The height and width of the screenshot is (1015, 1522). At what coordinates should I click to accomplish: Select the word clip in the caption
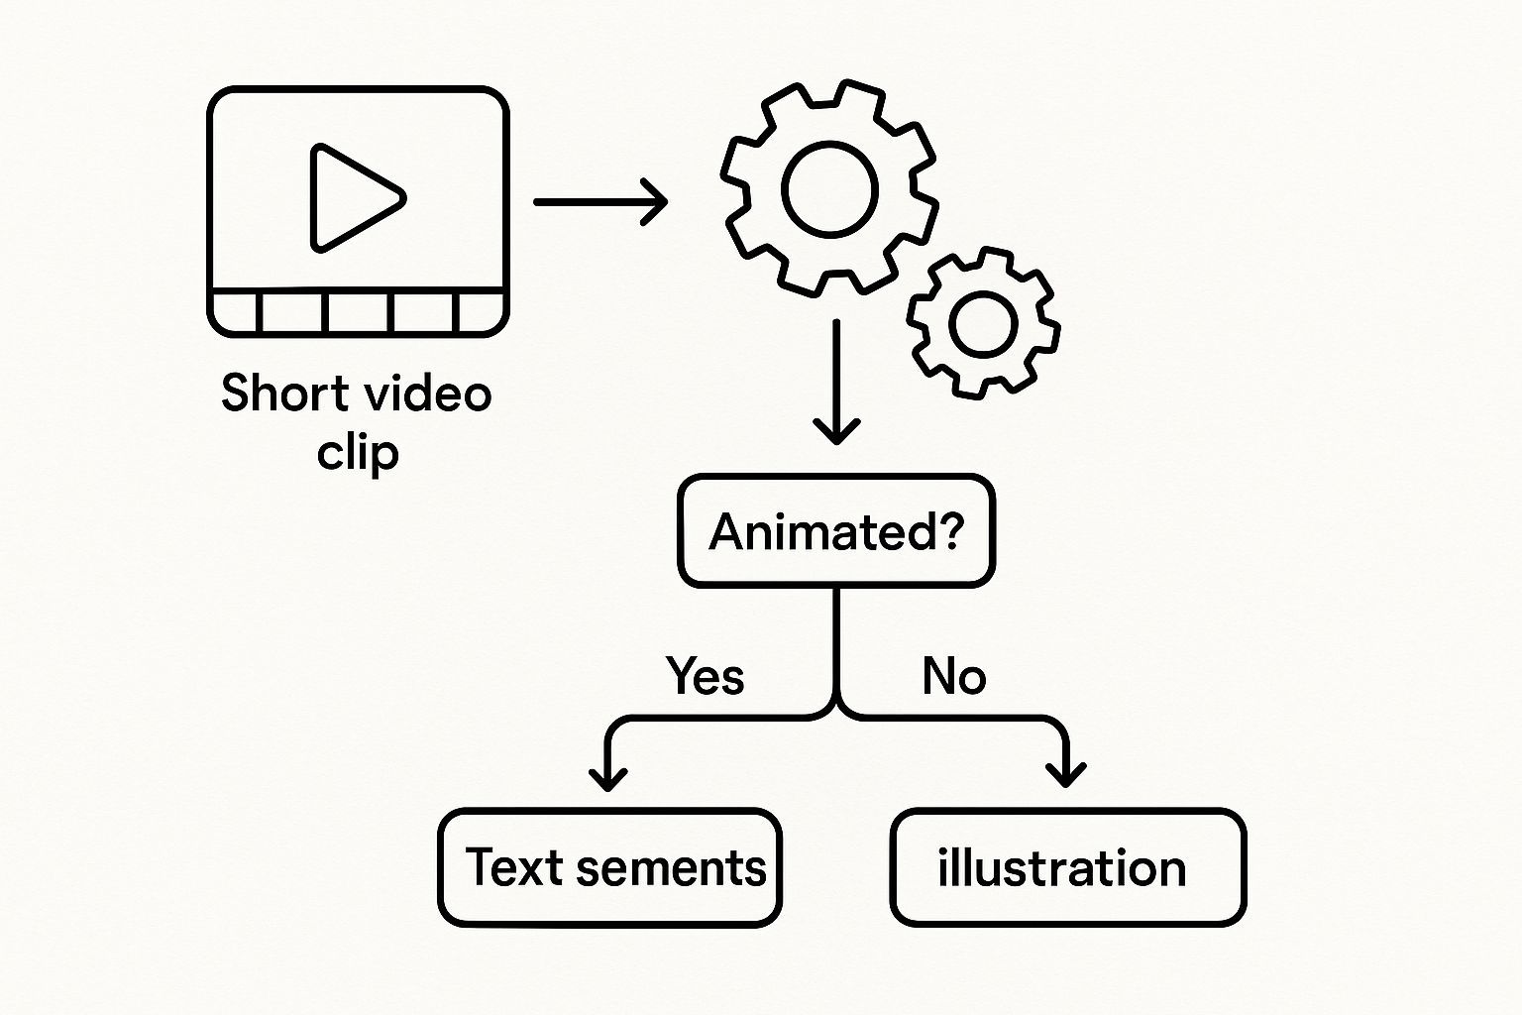[358, 453]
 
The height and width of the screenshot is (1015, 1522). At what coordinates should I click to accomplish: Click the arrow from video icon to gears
[600, 201]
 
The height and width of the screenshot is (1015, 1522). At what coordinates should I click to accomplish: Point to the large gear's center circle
[829, 189]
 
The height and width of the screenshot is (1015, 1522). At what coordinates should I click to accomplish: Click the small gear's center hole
[983, 323]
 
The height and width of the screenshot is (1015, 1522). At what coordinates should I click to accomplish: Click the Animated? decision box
[836, 531]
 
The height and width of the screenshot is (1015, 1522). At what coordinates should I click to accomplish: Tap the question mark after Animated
[948, 531]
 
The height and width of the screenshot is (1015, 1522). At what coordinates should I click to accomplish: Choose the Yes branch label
[705, 677]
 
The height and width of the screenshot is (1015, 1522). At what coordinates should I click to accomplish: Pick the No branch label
[953, 677]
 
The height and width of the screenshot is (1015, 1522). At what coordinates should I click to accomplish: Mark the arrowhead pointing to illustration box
[1066, 773]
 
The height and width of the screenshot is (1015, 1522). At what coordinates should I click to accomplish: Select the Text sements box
[609, 867]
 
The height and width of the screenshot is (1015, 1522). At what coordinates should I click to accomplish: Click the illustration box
[1067, 867]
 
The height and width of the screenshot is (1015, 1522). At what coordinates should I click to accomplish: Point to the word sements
[671, 868]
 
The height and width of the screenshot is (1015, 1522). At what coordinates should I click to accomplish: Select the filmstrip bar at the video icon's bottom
[358, 312]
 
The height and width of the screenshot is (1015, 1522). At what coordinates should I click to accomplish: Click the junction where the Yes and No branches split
[837, 706]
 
